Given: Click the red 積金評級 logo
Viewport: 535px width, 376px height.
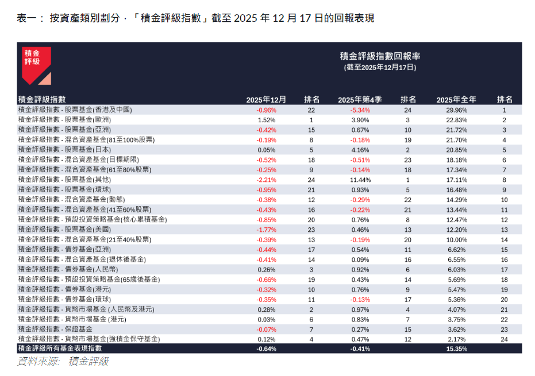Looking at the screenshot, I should tap(36, 65).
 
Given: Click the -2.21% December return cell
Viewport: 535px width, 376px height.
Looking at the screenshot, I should tap(266, 180).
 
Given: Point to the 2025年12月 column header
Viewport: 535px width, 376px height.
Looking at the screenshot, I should tap(266, 99).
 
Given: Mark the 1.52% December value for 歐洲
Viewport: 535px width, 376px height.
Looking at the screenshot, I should tap(266, 120).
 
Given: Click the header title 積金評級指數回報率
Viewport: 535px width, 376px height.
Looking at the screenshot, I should tap(380, 56).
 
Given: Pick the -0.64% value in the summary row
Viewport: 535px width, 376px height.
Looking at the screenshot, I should tap(266, 348).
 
